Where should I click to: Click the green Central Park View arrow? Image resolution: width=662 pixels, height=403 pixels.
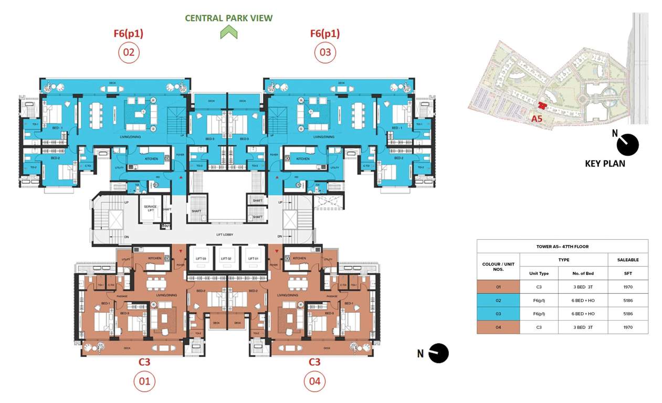tap(229, 33)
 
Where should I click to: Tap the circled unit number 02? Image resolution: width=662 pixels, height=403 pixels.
tap(129, 52)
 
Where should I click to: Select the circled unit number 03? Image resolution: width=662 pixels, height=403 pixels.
tap(325, 52)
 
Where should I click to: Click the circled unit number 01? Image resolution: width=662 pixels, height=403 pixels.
tap(144, 381)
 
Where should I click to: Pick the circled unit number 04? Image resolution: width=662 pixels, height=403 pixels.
tap(314, 381)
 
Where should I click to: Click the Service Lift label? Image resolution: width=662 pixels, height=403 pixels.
tap(150, 208)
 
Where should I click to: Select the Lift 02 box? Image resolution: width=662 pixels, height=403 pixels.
tap(226, 259)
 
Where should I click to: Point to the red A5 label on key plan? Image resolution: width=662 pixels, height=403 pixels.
tap(536, 119)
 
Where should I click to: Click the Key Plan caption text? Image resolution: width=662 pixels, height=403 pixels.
tap(605, 163)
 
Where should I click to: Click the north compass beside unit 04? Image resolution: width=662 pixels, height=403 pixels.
tap(439, 353)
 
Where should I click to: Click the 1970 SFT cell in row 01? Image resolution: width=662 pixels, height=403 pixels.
tap(627, 287)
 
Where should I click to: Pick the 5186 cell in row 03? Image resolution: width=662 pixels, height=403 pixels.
tap(627, 314)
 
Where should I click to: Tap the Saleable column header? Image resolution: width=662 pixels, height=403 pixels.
tap(627, 260)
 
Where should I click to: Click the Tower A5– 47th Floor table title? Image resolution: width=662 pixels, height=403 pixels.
tap(562, 246)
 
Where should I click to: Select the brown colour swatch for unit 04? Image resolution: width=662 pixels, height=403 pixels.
tap(498, 327)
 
